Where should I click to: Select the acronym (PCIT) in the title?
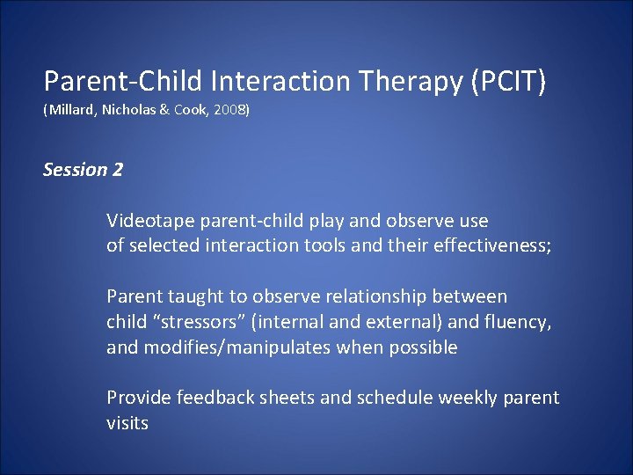pos(509,82)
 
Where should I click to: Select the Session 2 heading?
pos(84,170)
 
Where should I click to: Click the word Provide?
pos(139,398)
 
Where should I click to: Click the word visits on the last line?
pos(127,423)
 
